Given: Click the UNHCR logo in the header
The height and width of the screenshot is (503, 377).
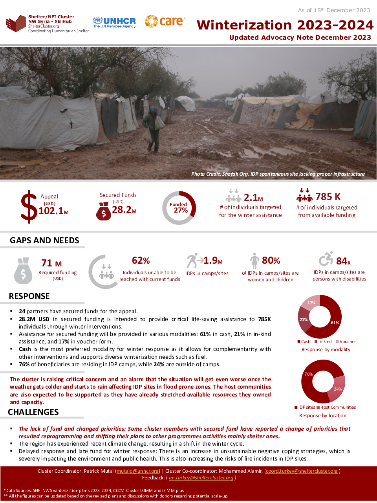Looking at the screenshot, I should pos(114,22).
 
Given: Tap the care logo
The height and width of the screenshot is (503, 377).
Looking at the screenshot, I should pos(165,21).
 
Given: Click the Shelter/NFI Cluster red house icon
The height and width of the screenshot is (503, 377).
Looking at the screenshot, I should pos(16,24).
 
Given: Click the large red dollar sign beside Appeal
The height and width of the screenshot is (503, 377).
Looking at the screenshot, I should pos(29,207).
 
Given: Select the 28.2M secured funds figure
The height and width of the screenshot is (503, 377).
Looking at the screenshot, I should pos(124,210).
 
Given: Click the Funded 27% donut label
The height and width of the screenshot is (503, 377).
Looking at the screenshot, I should pos(179,207).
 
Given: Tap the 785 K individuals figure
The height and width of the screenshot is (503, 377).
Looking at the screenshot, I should pos(328,196).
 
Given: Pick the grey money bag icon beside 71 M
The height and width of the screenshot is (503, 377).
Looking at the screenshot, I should pos(23,270).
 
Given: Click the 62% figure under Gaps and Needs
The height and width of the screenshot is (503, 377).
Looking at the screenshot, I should pos(141,261).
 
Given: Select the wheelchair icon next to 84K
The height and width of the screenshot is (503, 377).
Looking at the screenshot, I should pos(326,259).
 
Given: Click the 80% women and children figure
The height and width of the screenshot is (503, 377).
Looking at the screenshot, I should pos(271,261).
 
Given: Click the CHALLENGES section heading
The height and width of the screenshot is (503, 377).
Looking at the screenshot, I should pos(33,412).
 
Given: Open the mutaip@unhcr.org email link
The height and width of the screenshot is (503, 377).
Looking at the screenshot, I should pos(138,471).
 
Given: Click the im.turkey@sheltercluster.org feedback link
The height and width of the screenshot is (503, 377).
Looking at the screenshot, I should pos(201,477).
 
